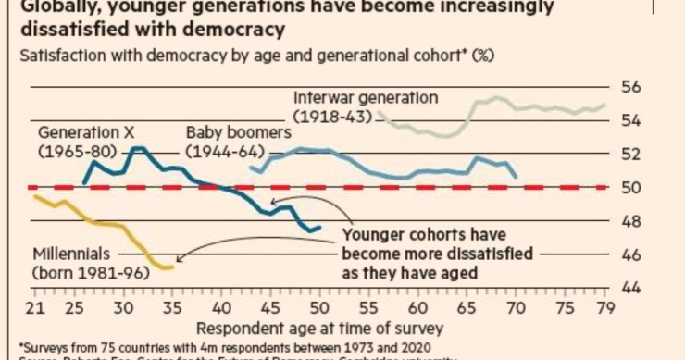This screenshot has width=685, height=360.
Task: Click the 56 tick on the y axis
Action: point(631,87)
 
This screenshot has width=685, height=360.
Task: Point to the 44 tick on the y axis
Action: point(631,289)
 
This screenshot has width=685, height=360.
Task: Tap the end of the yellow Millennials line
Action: point(171,268)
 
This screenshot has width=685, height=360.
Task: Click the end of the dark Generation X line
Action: point(320,228)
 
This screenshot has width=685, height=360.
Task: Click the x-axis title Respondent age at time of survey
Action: point(318,328)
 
